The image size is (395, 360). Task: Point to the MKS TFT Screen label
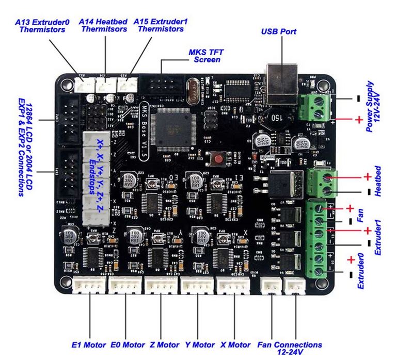click(204, 56)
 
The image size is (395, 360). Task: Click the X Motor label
click(235, 345)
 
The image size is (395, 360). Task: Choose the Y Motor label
click(199, 345)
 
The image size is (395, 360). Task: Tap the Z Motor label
click(165, 345)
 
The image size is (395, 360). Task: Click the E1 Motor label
click(88, 345)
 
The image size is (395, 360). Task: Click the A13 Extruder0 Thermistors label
click(42, 26)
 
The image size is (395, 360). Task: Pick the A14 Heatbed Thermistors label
click(102, 26)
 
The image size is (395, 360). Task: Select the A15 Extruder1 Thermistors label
click(160, 26)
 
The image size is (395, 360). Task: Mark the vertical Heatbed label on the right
click(377, 180)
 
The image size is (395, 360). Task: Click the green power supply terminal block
click(318, 106)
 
